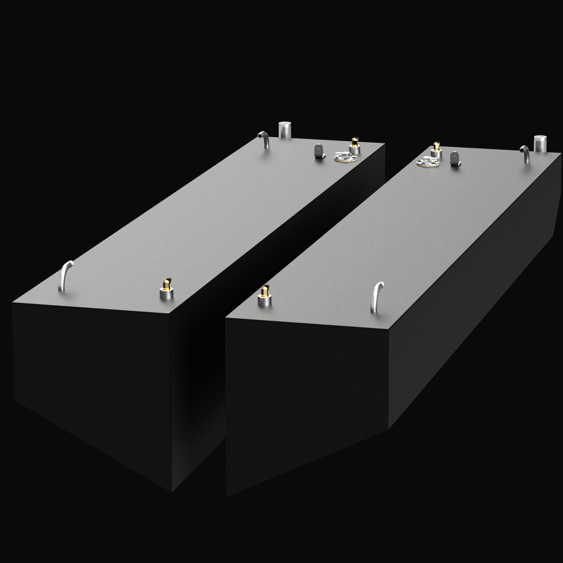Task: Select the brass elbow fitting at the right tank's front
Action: tap(265, 291)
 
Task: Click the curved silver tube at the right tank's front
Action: tap(377, 297)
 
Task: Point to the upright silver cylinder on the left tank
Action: tap(285, 129)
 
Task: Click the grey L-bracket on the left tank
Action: tap(319, 152)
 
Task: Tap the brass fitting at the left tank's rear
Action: tap(355, 141)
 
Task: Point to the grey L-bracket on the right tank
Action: tap(456, 158)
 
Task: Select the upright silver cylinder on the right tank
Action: tap(540, 143)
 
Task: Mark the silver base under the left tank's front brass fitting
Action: tap(166, 294)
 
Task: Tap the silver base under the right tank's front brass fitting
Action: tap(265, 301)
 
